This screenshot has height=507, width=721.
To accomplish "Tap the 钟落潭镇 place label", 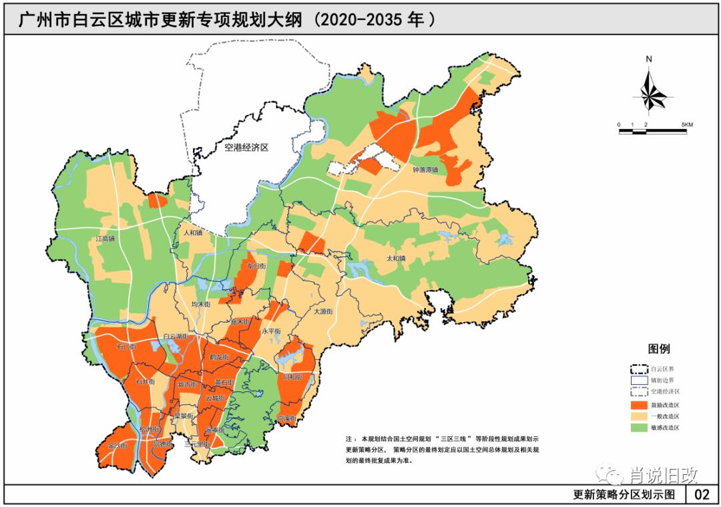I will click(425, 170).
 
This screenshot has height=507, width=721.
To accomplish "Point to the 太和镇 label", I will click(396, 258).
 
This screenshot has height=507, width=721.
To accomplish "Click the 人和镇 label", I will click(194, 233).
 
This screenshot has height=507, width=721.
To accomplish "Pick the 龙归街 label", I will click(256, 265).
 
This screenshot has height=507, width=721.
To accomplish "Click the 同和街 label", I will click(292, 377).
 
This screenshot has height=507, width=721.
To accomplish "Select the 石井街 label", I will click(145, 381).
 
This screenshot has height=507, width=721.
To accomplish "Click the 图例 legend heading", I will click(659, 349).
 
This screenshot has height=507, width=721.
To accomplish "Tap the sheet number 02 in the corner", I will click(702, 495).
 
